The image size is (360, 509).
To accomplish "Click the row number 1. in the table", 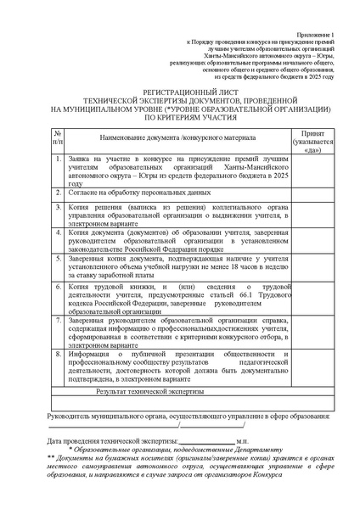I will (56, 159).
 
